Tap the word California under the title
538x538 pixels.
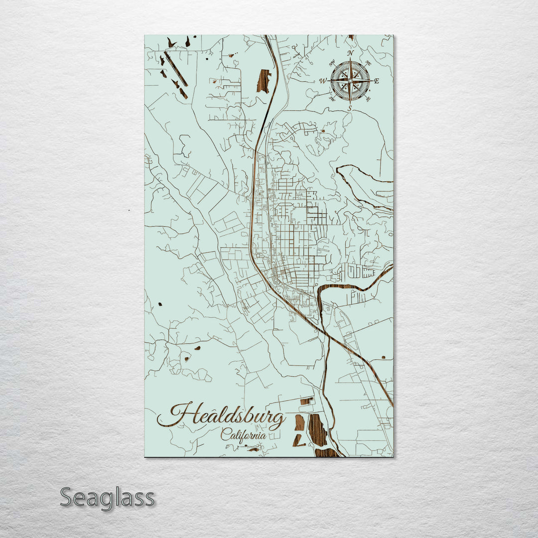[243, 434]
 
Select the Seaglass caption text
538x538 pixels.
[107, 498]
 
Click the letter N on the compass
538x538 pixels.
[350, 53]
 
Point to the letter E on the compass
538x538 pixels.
[377, 81]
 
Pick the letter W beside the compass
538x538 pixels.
[323, 81]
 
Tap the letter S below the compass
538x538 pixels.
[350, 108]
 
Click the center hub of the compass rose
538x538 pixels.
[350, 80]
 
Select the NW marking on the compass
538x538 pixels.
[332, 63]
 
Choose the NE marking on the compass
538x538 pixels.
[368, 63]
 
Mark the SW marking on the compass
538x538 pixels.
[332, 98]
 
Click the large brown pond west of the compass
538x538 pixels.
[264, 81]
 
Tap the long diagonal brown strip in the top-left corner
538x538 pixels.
[175, 69]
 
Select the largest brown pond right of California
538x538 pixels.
[317, 430]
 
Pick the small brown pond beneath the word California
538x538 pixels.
[254, 449]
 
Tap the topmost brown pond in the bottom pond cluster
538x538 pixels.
[306, 401]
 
